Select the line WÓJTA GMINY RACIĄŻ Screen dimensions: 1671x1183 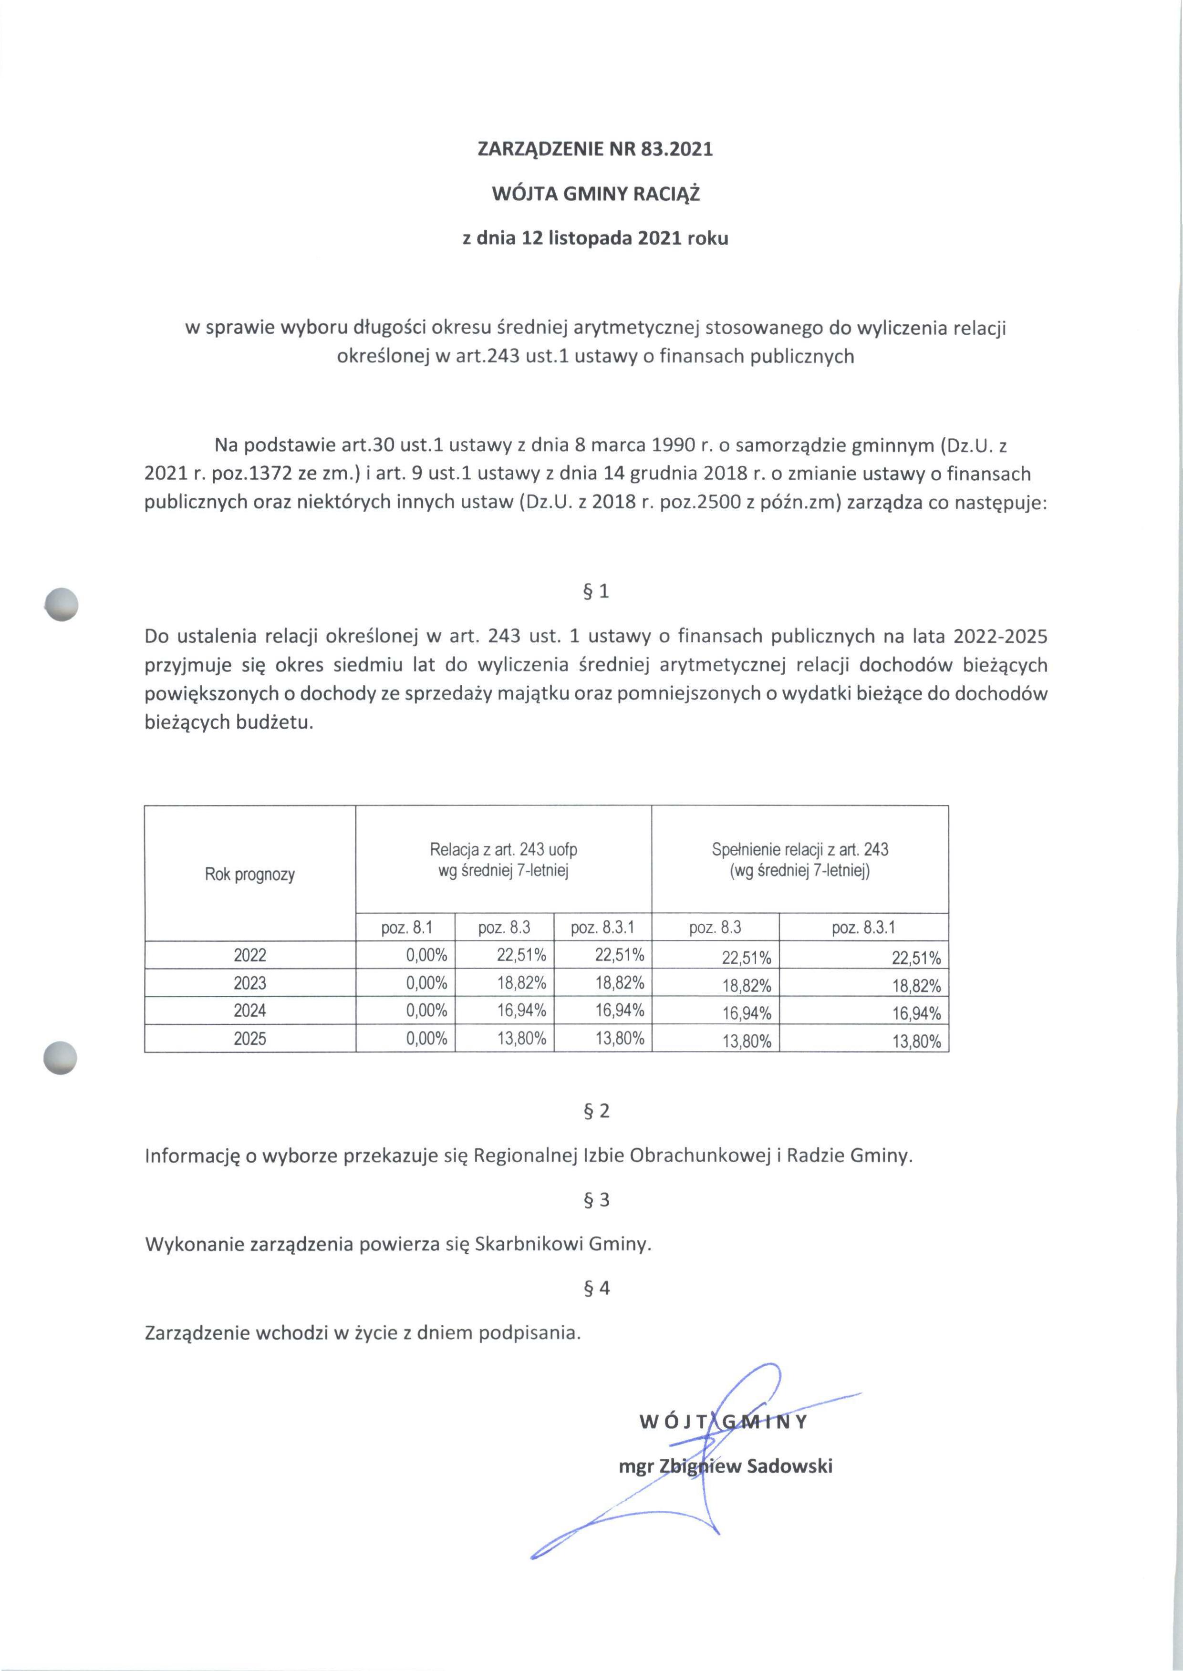(x=595, y=195)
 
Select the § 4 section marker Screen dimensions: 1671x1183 (x=596, y=1288)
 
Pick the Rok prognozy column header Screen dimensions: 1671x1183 (x=250, y=875)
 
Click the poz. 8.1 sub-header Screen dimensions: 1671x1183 (x=406, y=928)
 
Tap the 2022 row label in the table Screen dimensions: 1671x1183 (x=250, y=955)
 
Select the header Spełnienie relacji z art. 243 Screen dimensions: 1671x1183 (x=800, y=850)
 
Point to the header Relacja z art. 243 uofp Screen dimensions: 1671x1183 (x=503, y=850)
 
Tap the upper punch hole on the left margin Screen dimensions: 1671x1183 (x=61, y=604)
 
